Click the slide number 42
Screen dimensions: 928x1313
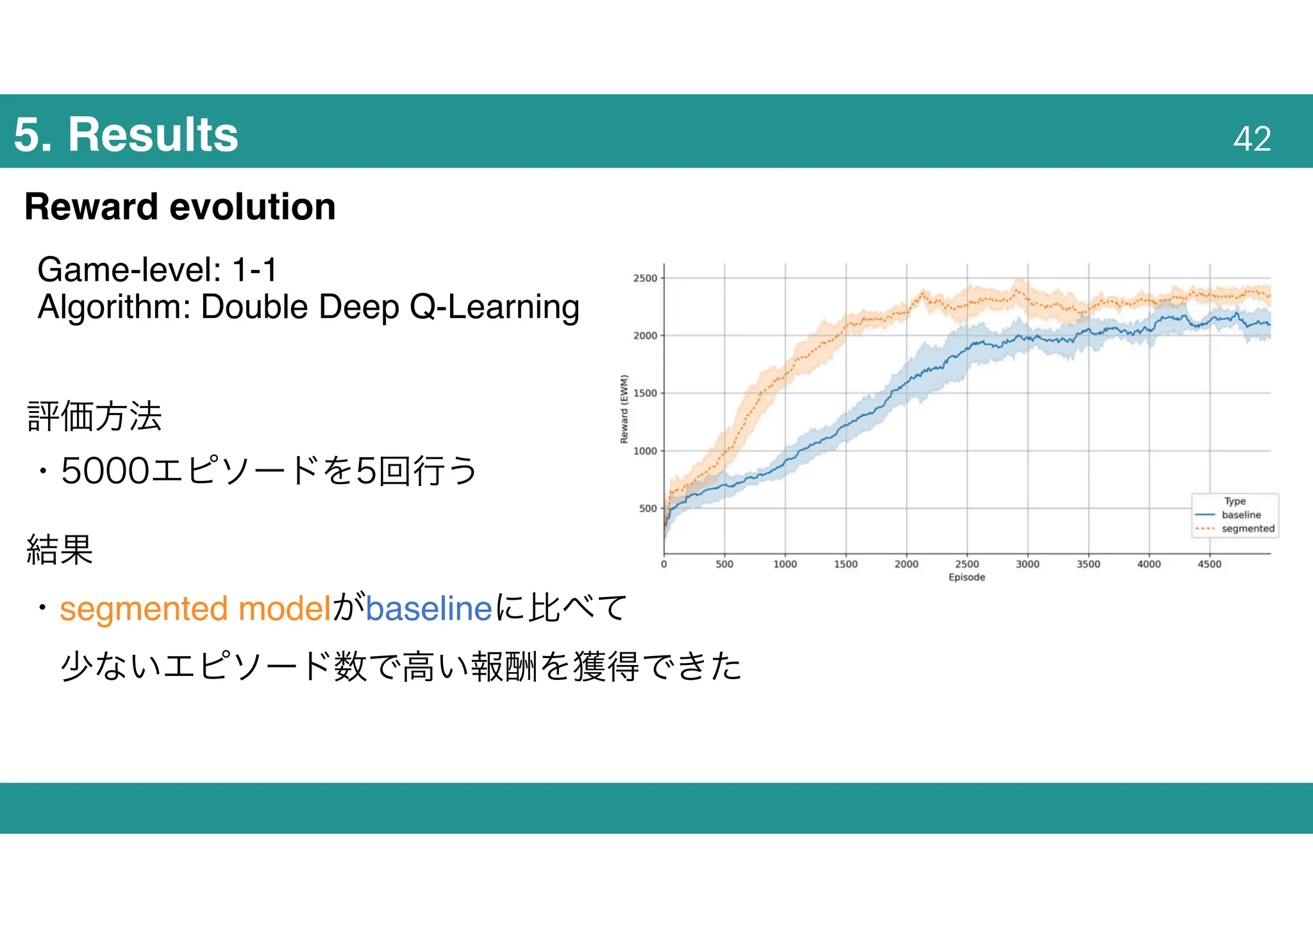coord(1251,139)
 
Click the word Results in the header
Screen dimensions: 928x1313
coord(153,135)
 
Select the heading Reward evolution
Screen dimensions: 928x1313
coord(180,207)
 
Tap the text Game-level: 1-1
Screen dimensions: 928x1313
coord(157,269)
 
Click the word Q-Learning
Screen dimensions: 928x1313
coord(494,307)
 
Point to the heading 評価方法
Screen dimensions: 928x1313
coord(94,416)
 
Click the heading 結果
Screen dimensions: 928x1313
coord(60,550)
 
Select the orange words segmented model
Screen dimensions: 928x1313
coord(196,608)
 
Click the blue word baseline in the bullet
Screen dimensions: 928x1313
coord(428,608)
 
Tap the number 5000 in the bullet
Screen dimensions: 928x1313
coord(105,471)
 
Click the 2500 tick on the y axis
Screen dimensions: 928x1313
coord(645,278)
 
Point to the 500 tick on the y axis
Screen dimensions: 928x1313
coord(648,509)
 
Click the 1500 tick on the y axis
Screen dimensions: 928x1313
coord(645,393)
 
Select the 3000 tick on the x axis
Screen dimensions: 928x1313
coord(1028,564)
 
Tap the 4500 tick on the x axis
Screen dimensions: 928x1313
coord(1210,564)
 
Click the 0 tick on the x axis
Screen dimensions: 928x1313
coord(664,564)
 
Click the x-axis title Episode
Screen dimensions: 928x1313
coord(967,577)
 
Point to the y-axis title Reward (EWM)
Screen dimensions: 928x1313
coord(624,409)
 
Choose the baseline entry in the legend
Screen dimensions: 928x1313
coord(1241,515)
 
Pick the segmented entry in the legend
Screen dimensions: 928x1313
coord(1248,528)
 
